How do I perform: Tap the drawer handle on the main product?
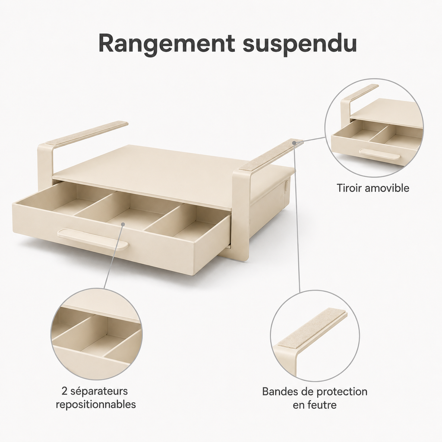tap(93, 238)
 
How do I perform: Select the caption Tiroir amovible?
tap(373, 188)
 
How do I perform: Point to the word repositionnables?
tap(96, 404)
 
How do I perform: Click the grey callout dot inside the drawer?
tap(123, 224)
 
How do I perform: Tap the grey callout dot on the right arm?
tap(294, 143)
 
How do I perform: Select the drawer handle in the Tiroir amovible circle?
tap(379, 154)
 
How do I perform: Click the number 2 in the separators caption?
tap(64, 391)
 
